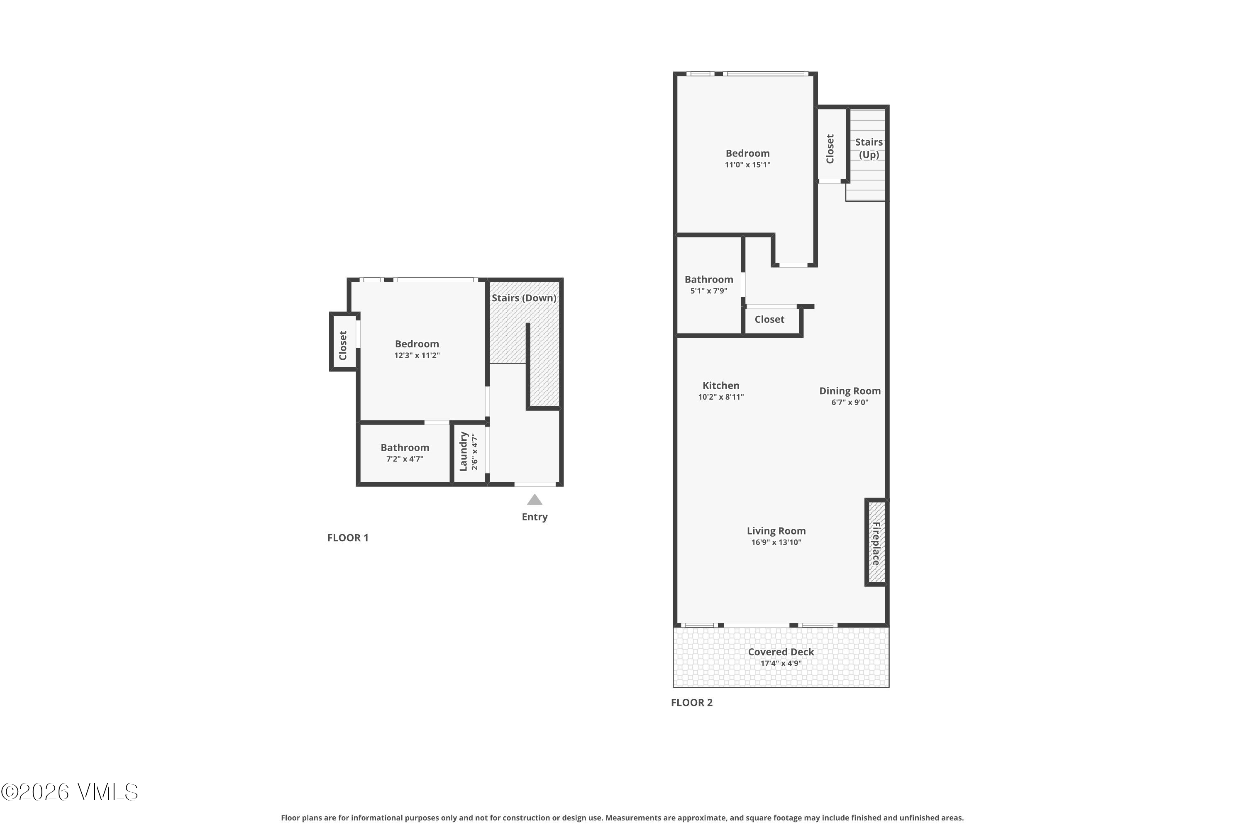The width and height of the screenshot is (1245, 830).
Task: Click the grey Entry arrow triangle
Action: [535, 500]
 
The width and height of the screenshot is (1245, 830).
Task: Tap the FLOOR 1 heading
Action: [348, 538]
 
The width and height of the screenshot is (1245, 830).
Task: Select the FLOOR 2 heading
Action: [692, 703]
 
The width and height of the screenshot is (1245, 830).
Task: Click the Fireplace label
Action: [876, 543]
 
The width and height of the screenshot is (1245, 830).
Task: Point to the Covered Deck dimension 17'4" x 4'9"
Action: [781, 663]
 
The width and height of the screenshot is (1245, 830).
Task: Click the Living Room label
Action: [776, 531]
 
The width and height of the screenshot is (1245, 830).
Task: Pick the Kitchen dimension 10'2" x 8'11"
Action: [721, 397]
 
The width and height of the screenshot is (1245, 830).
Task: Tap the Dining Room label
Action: [850, 391]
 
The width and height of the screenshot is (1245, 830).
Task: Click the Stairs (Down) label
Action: [524, 298]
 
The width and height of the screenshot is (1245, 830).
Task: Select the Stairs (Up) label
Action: [869, 148]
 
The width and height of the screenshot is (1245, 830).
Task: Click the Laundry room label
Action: [463, 451]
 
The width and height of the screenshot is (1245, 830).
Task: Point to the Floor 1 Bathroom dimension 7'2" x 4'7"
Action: [405, 459]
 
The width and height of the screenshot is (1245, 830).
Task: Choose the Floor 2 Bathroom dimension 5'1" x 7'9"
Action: [709, 290]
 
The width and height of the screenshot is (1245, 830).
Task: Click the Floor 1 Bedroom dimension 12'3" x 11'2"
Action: [417, 355]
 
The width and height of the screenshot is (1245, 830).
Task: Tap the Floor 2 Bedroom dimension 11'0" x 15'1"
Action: [747, 165]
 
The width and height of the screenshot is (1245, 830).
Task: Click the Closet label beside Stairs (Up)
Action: [830, 149]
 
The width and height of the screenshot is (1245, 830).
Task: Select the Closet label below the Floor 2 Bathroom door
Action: [770, 319]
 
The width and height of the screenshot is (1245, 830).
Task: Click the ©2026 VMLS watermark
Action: [69, 792]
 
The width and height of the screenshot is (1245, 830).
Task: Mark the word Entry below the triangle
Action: [535, 517]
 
